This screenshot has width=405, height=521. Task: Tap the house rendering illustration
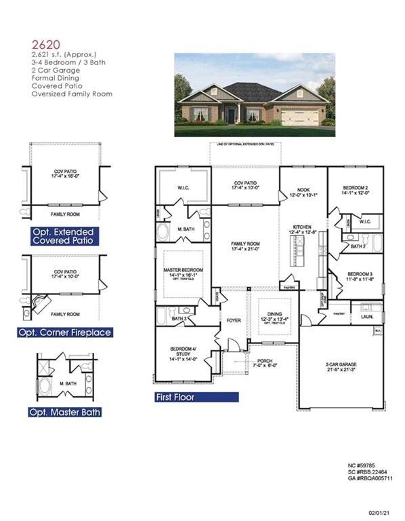(255, 96)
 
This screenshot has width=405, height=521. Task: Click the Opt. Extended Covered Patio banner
(65, 236)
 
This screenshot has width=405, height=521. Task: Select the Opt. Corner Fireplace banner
(65, 332)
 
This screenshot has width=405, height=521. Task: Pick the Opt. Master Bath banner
(65, 412)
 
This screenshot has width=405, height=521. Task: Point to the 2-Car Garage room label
(341, 364)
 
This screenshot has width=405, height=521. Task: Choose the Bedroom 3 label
(355, 274)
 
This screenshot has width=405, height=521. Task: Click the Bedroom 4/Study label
(184, 352)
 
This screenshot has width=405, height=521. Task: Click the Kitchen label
(301, 228)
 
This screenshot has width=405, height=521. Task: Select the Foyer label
(234, 320)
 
